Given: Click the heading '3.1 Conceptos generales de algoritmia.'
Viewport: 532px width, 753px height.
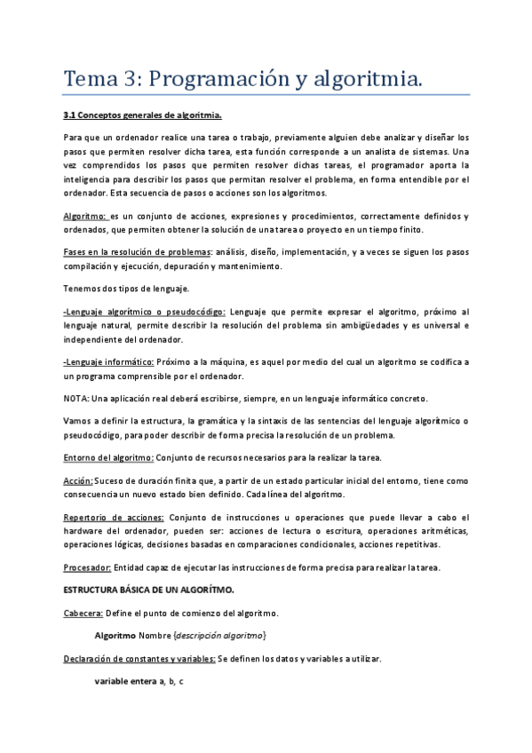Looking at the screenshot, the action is coord(142,115).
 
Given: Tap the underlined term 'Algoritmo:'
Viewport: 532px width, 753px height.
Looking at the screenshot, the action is coord(85,217).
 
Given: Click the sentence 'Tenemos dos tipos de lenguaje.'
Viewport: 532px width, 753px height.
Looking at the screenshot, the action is coord(127,288).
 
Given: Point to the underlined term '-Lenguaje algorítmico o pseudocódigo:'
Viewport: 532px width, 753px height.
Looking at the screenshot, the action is coord(145,312).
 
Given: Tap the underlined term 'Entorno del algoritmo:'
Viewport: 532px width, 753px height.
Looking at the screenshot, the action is coord(108,457).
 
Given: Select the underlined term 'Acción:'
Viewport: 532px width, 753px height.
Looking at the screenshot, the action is coord(80,481).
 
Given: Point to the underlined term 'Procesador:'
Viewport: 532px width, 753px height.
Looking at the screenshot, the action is coord(87,567).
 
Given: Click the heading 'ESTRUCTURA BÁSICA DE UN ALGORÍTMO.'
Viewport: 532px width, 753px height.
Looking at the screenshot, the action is coord(148,590).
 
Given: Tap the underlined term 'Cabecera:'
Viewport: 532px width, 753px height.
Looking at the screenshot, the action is coord(83,613).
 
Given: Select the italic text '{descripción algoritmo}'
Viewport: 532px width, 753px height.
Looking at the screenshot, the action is coord(219,636).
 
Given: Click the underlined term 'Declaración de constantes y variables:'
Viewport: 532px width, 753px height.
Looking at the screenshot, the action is coord(139,658).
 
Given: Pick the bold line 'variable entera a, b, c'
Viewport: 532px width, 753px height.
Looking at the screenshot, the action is coord(139,681).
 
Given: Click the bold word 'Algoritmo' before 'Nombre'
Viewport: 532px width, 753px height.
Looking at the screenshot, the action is coord(115,636).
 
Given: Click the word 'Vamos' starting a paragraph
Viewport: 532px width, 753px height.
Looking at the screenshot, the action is coord(75,420).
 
